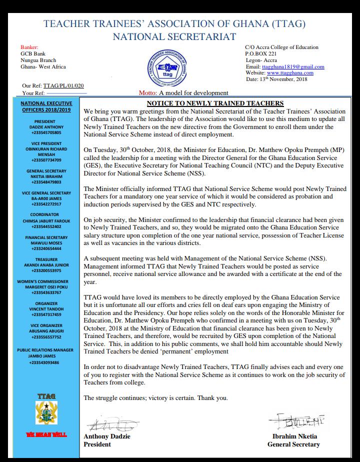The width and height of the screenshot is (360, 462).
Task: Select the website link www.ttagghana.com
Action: pos(286,73)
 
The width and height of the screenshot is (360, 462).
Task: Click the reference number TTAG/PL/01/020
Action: pos(63,86)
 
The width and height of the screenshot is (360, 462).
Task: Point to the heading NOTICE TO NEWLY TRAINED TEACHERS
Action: pos(211,103)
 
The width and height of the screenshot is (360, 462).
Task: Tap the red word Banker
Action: pos(29,47)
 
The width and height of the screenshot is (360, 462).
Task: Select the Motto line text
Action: pos(183,92)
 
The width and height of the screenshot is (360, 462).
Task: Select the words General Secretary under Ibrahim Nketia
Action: pos(293,444)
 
